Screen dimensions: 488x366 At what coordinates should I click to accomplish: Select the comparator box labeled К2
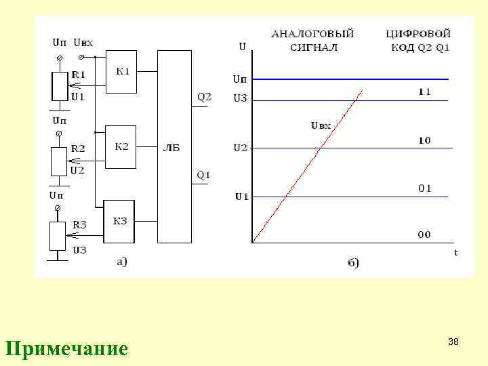pos(121,146)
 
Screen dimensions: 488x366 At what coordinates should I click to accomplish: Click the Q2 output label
pos(204,97)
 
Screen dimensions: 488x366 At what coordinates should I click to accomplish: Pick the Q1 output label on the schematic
pos(203,175)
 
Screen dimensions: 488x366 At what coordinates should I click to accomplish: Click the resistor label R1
pos(79,74)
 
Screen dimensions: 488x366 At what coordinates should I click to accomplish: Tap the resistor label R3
pos(80,224)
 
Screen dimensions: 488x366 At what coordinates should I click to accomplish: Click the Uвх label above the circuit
pos(83,42)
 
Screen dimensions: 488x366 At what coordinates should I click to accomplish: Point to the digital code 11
pos(424,91)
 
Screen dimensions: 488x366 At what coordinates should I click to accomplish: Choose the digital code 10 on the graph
pos(424,140)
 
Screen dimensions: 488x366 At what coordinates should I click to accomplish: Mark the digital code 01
pos(424,188)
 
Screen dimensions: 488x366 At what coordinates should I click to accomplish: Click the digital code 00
pos(424,235)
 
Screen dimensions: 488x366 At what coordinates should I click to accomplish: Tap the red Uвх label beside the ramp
pos(321,125)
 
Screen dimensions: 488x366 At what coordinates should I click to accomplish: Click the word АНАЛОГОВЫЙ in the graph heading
pos(312,33)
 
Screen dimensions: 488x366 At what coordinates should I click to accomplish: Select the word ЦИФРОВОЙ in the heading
pos(418,33)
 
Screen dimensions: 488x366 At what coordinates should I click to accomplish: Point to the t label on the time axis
pos(455,251)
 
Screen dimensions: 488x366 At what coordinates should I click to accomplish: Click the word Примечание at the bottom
pos(66,348)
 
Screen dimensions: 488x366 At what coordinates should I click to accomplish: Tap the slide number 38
pos(453,342)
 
